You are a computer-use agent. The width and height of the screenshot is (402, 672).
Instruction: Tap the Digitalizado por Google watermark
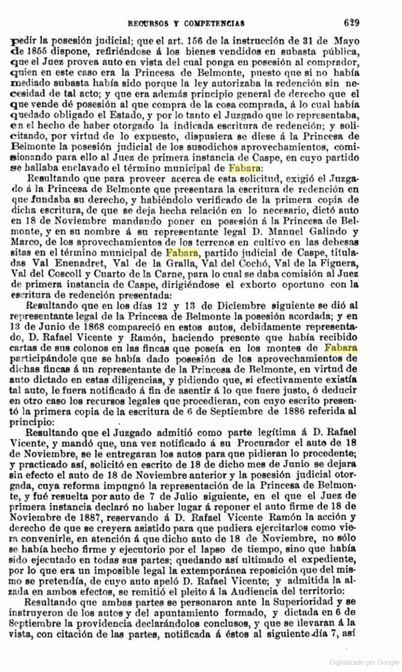(364, 662)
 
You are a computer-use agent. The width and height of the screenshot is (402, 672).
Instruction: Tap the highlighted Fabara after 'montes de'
(341, 348)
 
